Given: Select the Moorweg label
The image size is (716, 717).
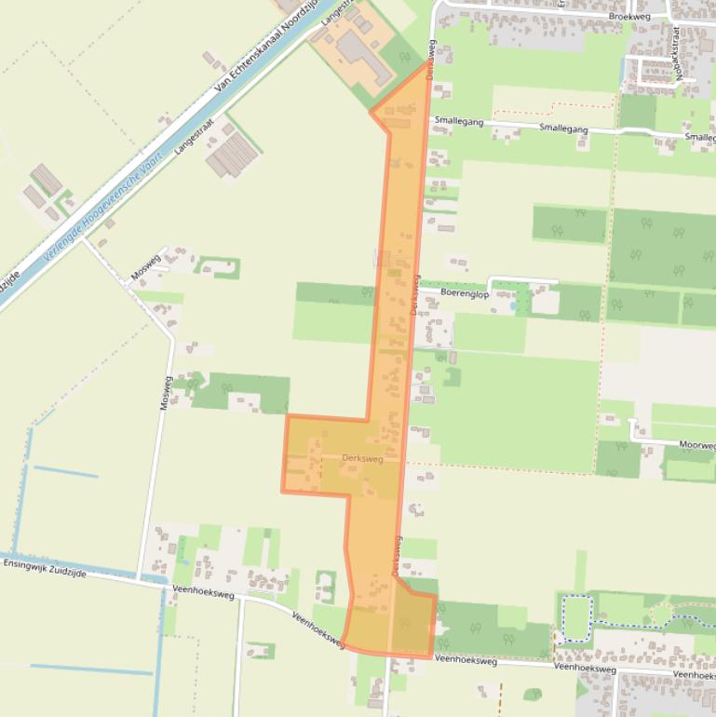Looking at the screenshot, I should [x=696, y=445].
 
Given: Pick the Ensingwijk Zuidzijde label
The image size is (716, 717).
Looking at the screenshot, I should [x=45, y=568].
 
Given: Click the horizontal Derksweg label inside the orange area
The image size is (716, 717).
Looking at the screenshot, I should [x=362, y=458].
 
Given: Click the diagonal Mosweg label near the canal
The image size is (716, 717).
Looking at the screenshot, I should [x=146, y=266].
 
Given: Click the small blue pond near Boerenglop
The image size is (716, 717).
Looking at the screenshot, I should [x=512, y=304].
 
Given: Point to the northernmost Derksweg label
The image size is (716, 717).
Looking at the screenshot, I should [x=431, y=58].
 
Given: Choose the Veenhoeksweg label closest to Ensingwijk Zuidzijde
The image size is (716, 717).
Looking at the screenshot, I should [x=201, y=590].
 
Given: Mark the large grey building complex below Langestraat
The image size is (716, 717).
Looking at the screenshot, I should [x=232, y=155].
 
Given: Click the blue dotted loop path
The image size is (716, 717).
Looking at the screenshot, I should [x=577, y=618].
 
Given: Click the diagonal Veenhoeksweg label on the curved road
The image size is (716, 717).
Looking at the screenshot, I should [x=318, y=629].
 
